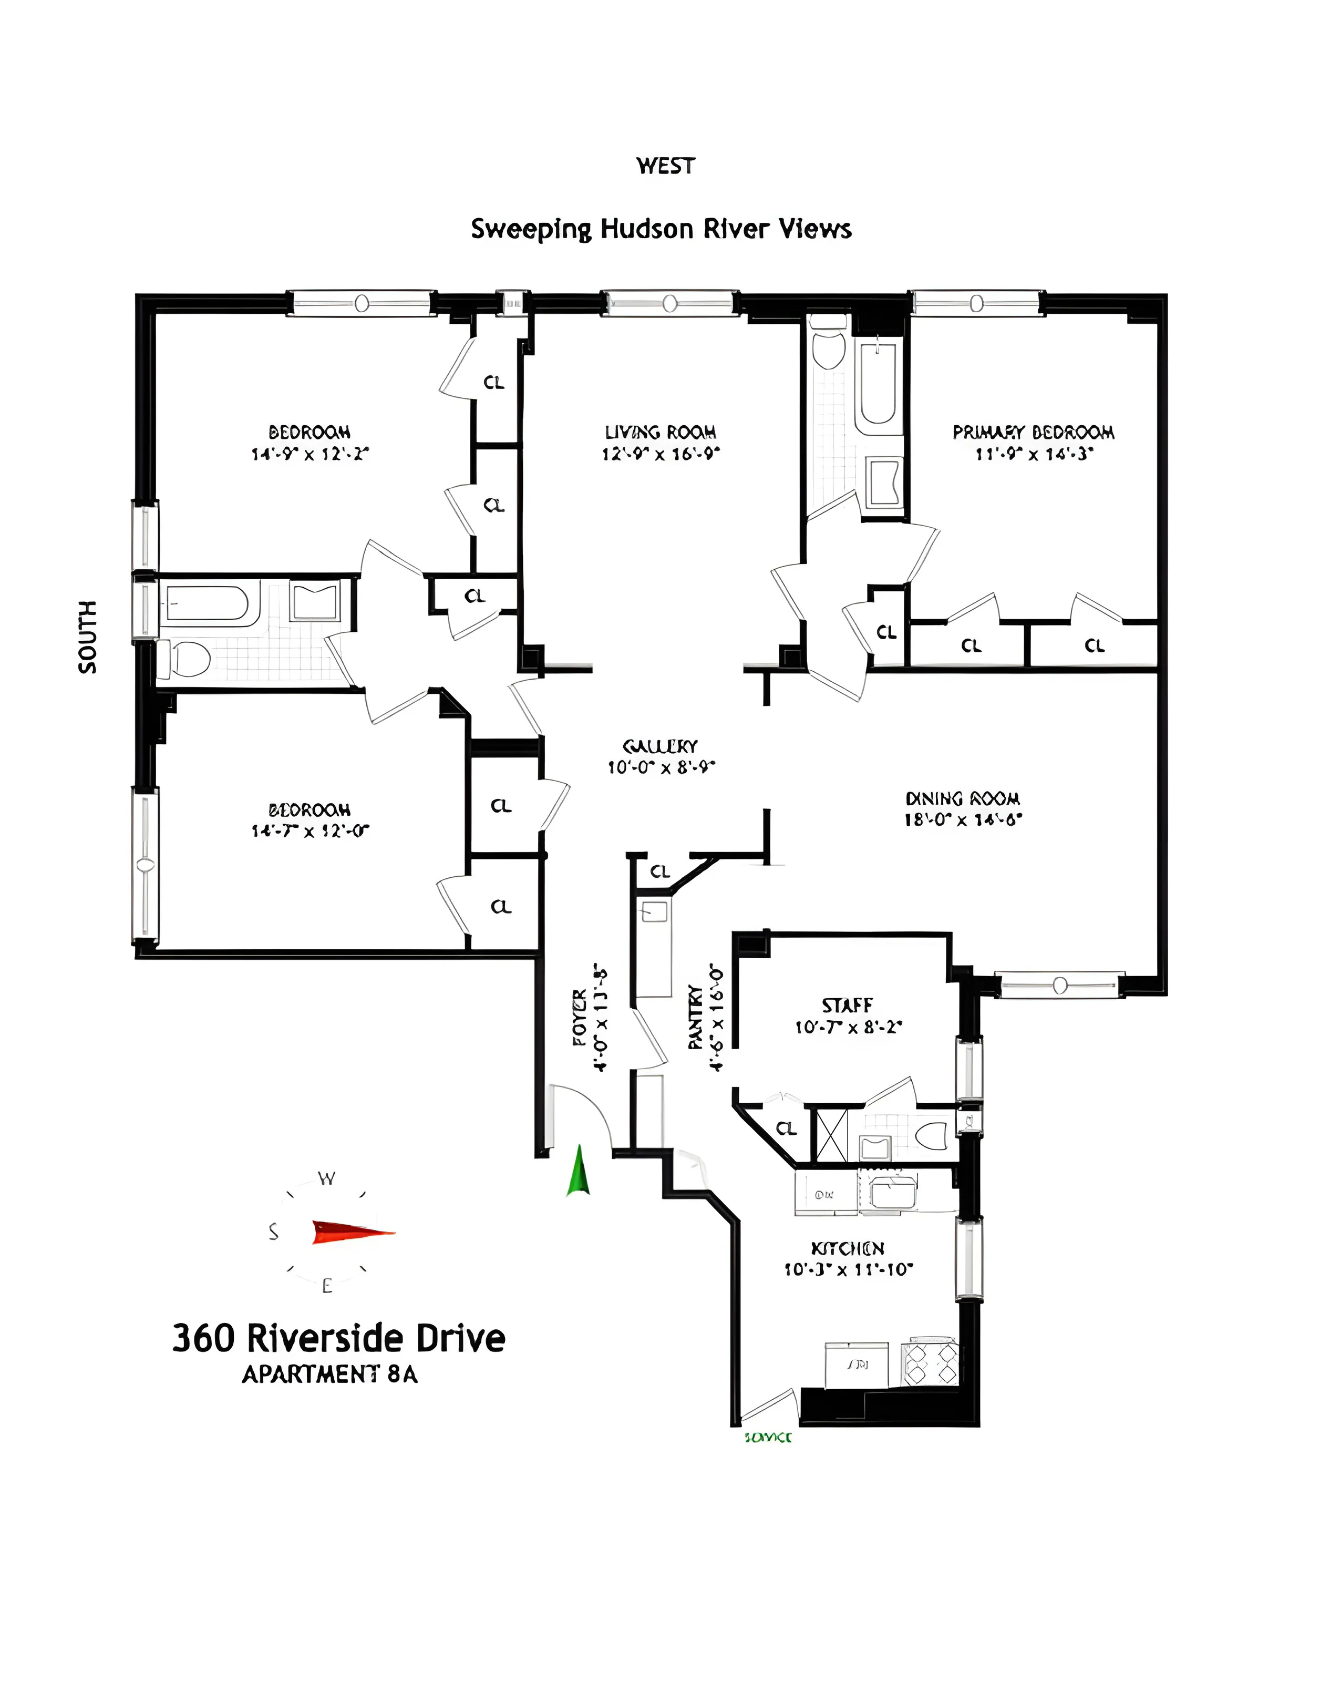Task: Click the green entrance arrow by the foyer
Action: click(x=578, y=1172)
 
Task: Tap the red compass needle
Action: click(x=352, y=1232)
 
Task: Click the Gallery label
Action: click(x=660, y=746)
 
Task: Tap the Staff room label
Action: click(x=847, y=1006)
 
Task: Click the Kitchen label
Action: click(x=847, y=1248)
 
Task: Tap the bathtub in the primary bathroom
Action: click(x=879, y=384)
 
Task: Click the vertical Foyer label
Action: click(x=580, y=1017)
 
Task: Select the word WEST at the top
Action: click(x=665, y=166)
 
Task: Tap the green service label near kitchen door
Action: click(x=767, y=1438)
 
